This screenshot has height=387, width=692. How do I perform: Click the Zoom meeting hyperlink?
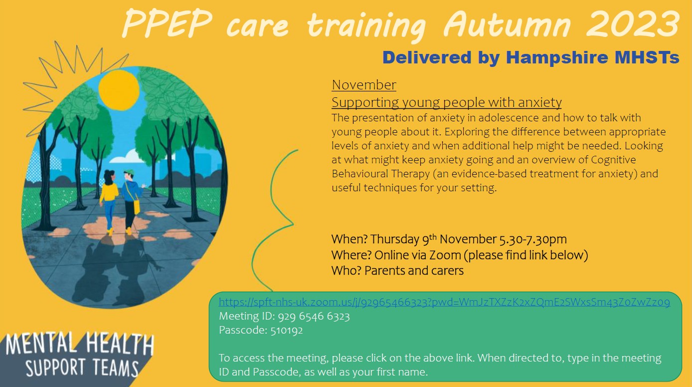click(x=444, y=302)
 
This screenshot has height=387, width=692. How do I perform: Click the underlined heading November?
click(x=364, y=85)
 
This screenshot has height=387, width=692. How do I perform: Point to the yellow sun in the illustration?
click(x=119, y=90)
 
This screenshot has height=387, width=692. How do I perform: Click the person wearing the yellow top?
click(x=108, y=201)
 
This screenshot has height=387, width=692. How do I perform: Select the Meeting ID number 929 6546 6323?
click(x=314, y=316)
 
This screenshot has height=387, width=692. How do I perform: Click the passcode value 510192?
click(x=287, y=331)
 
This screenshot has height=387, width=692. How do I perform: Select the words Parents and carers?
click(x=414, y=271)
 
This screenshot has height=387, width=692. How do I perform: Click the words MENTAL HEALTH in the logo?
click(x=80, y=344)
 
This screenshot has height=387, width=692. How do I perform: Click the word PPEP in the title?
click(x=168, y=24)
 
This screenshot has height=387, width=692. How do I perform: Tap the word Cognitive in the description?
click(x=613, y=160)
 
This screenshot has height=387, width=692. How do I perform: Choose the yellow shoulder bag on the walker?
click(x=136, y=206)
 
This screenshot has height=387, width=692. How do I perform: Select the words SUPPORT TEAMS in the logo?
click(x=82, y=368)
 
